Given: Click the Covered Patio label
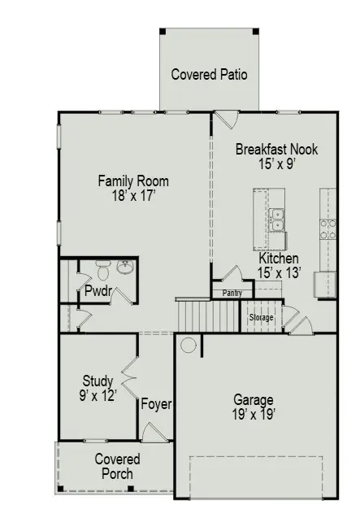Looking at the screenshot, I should (209, 75).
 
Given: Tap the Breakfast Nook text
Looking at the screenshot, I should (276, 150).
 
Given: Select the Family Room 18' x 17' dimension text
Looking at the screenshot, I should (133, 195).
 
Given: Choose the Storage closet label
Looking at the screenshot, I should (261, 317).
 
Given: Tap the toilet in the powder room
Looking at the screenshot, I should (102, 265).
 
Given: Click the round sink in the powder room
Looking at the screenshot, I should (125, 267).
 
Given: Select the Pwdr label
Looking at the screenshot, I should (98, 291).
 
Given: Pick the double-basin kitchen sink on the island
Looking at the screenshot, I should (277, 220).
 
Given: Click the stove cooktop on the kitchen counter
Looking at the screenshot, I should (328, 229).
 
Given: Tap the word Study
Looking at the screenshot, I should (98, 381).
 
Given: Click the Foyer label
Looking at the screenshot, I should (156, 403).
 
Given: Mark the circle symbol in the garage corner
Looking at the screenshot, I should (188, 346).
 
